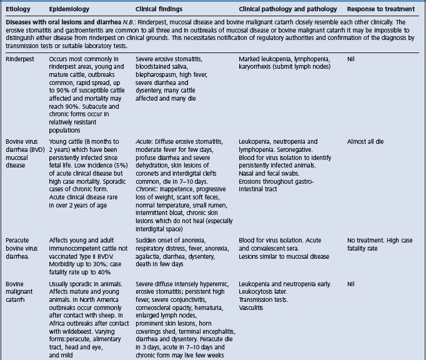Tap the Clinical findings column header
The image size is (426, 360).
pos(162,9)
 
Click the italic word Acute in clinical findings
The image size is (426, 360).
pos(144,142)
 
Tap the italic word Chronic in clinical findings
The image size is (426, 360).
pos(147,186)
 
